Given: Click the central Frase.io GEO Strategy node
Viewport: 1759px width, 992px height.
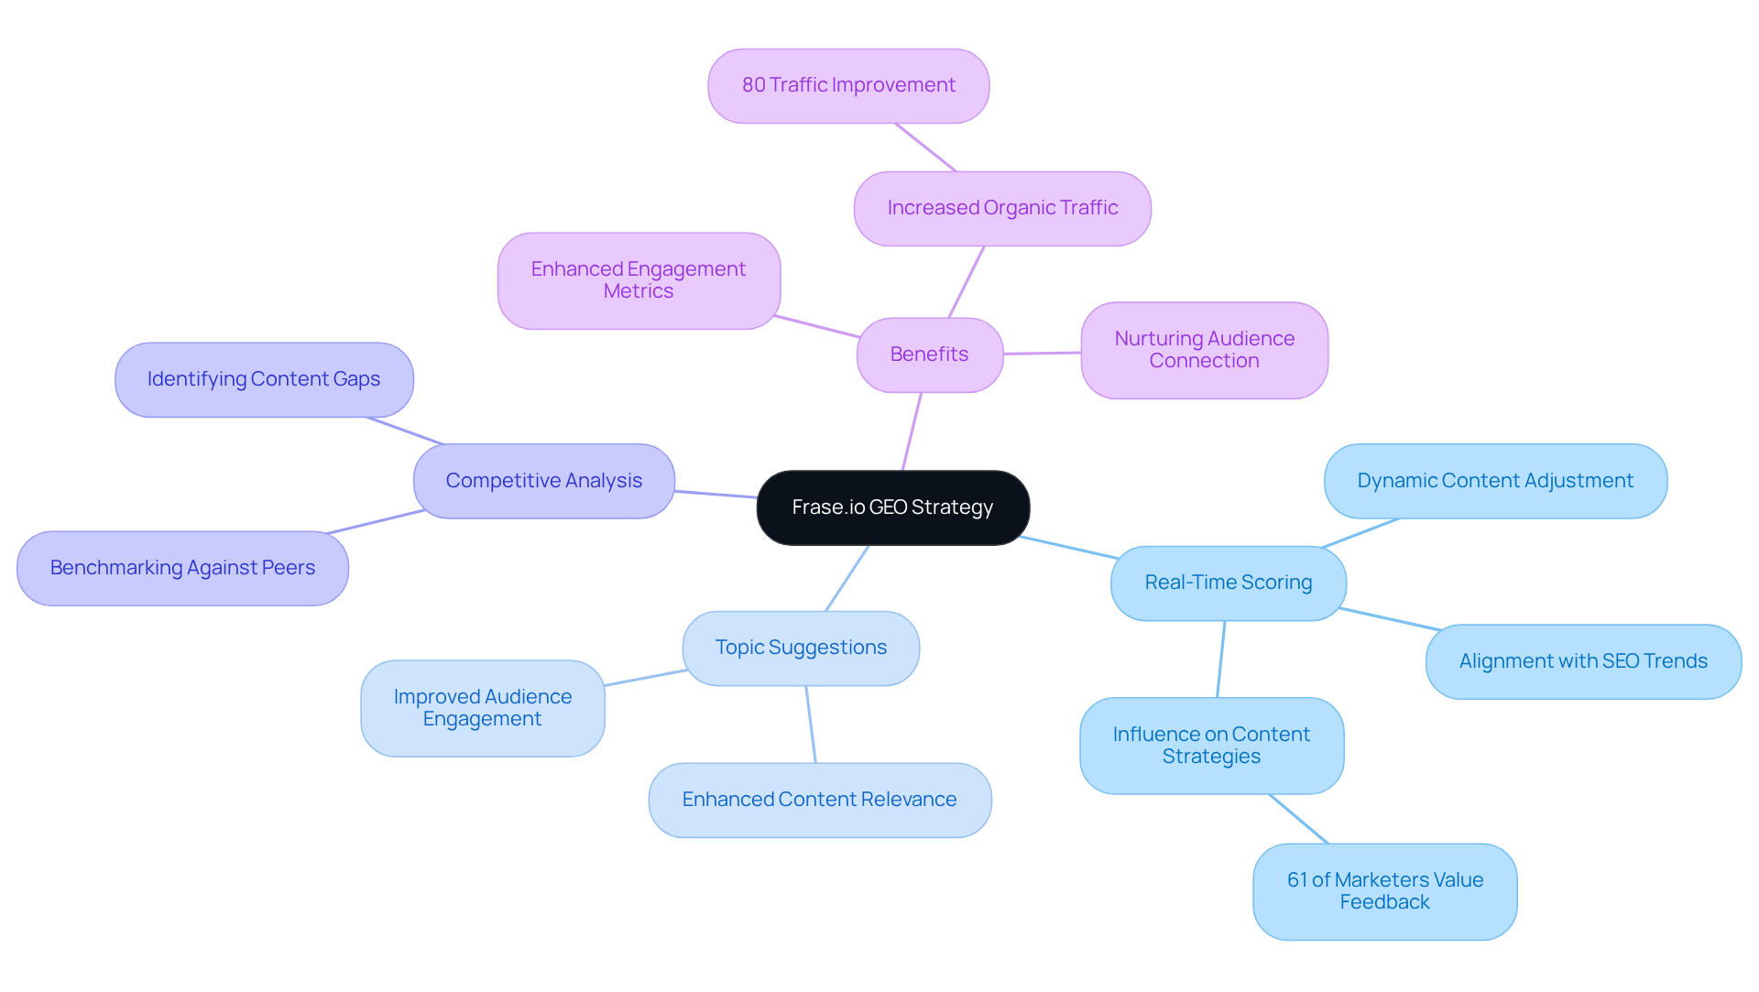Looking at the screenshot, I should [892, 507].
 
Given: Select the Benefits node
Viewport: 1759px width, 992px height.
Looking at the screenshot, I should [929, 354].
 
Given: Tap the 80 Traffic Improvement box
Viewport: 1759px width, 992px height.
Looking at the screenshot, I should [848, 85].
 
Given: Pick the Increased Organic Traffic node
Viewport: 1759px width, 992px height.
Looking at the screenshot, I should [1002, 208].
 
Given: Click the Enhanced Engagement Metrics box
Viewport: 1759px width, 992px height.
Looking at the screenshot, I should [639, 280].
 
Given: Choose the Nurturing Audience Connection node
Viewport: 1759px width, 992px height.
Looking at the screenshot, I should [1204, 350].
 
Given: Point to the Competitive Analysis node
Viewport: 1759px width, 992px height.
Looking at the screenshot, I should [543, 481].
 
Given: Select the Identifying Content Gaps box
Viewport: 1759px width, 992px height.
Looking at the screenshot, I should [264, 379].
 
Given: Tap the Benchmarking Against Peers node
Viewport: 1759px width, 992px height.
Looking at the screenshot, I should [182, 568].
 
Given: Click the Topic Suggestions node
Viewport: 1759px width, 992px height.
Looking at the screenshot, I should [801, 648].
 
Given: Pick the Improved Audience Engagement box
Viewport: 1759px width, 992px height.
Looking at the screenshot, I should [483, 708].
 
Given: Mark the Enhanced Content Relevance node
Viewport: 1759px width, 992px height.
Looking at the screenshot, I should [819, 800].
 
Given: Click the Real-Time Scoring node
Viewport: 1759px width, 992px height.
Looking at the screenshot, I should [1228, 583].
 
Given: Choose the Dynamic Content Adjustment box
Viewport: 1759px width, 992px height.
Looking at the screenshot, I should [1495, 481].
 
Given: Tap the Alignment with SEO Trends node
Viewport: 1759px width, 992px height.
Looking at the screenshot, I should [1583, 661].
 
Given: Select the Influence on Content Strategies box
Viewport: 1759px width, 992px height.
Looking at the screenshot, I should [1211, 746].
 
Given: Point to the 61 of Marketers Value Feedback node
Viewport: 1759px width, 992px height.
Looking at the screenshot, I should [1384, 891].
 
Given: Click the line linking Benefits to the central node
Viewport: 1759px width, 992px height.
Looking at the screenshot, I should [912, 431].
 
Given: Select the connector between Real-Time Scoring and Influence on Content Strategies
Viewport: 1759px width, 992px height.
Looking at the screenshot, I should [1221, 660].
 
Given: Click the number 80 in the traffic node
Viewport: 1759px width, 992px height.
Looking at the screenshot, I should [753, 85].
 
